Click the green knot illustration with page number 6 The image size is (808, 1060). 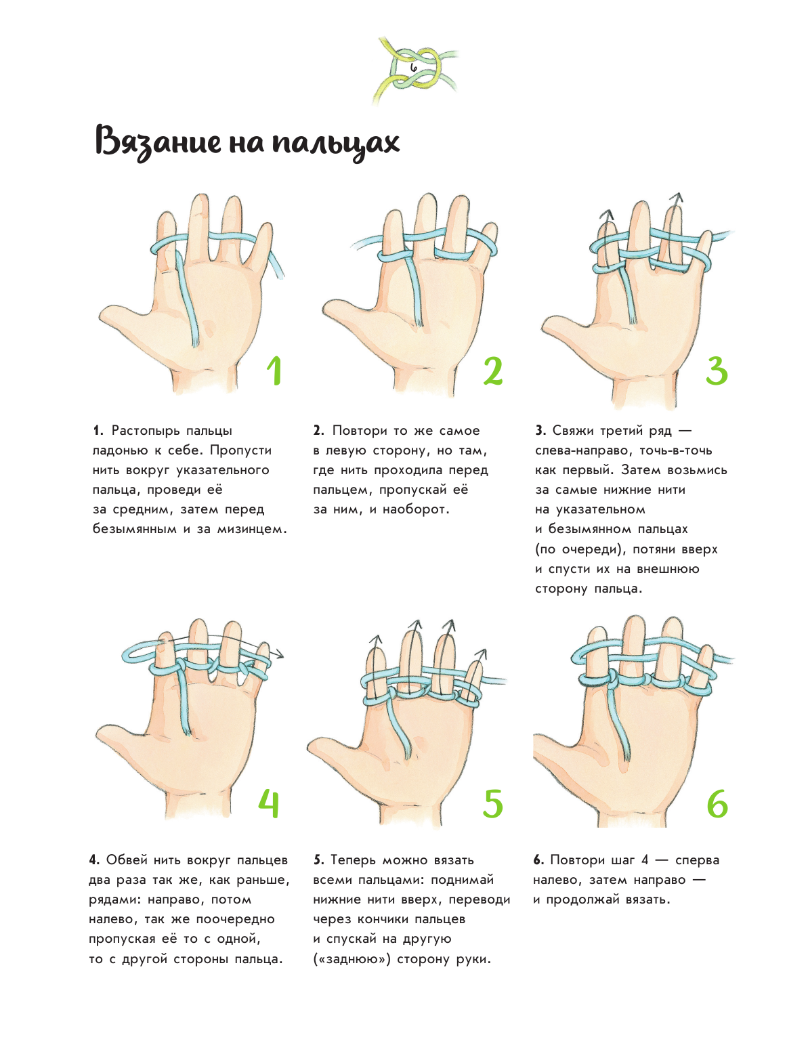pos(414,70)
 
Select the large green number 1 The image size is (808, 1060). pos(274,371)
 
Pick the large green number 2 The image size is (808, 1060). pos(493,371)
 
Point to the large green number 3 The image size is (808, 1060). pos(717,371)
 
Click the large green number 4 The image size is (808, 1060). pos(269,803)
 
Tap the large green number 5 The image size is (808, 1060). pos(492,803)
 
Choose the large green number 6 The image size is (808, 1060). pos(717,803)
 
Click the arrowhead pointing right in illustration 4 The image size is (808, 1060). pos(278,654)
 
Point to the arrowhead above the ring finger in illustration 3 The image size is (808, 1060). pos(677,198)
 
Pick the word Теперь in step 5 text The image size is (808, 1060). pos(353,860)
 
